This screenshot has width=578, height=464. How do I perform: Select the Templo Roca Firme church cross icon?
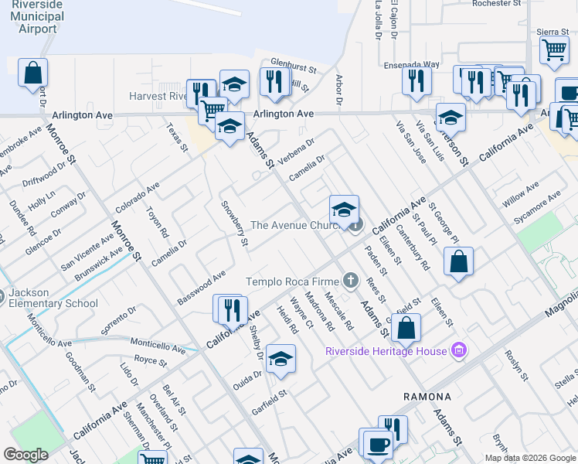click(351, 281)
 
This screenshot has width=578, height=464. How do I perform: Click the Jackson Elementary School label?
click(54, 299)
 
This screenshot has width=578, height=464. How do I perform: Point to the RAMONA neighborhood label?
click(427, 396)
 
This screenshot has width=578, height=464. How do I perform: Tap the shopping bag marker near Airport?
click(33, 74)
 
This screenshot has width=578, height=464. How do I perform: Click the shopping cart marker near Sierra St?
click(554, 50)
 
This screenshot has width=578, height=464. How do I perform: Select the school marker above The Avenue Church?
click(344, 208)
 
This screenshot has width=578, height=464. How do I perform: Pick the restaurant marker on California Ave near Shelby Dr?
click(232, 309)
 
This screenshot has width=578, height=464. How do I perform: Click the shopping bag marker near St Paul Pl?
click(459, 261)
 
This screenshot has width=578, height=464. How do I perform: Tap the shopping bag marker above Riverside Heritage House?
click(406, 328)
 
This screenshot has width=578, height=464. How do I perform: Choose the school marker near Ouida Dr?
click(282, 359)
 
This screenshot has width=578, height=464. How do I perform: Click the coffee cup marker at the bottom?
click(378, 445)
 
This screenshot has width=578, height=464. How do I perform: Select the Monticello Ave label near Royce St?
click(158, 345)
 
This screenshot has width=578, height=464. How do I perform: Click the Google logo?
click(25, 455)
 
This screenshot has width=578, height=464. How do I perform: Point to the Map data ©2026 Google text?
click(530, 458)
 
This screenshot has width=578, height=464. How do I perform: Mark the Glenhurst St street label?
click(294, 68)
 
